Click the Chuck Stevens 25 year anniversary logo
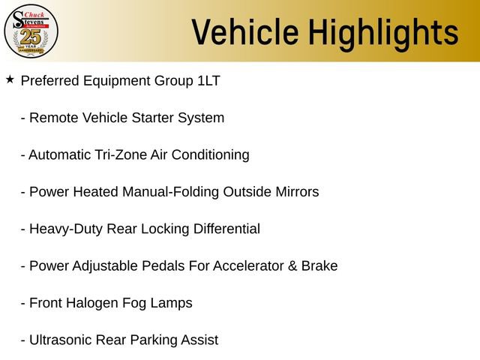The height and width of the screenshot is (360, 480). [31, 31]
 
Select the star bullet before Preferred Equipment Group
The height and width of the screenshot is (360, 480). [10, 79]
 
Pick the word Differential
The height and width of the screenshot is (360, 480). [224, 229]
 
